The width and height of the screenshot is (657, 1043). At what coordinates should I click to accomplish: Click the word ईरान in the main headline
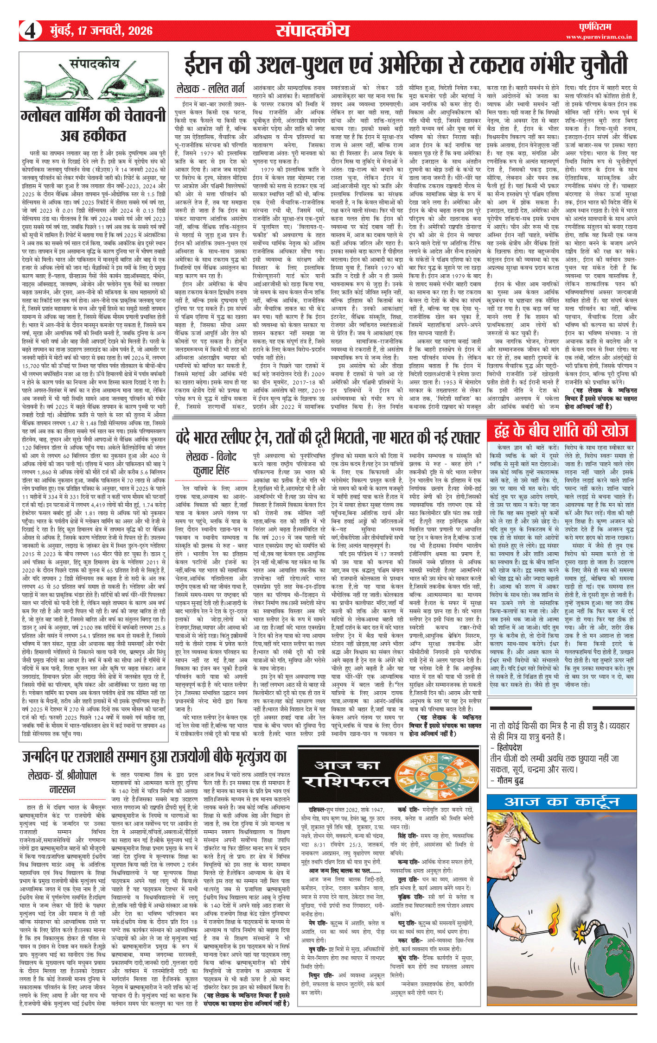210,65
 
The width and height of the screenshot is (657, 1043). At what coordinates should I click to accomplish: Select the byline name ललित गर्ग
227,89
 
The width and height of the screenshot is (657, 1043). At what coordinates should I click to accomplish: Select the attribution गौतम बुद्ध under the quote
510,780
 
